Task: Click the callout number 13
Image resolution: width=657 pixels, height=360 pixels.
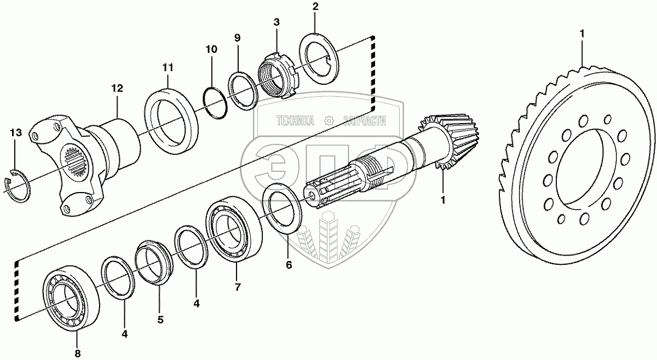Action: click(x=16, y=133)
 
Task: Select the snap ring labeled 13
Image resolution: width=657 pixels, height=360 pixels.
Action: click(x=17, y=185)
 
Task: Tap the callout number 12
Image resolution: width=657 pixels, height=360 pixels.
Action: click(x=117, y=88)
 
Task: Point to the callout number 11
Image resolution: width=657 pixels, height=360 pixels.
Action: click(x=168, y=67)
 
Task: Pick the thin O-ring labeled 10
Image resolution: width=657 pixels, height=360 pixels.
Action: click(x=215, y=103)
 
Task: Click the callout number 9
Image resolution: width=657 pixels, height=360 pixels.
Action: click(x=237, y=38)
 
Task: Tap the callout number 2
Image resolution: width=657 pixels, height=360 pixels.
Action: click(x=315, y=7)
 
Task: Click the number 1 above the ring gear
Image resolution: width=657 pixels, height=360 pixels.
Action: click(x=582, y=34)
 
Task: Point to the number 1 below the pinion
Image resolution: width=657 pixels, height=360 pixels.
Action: click(x=443, y=200)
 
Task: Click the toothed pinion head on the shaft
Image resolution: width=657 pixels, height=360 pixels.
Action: click(x=450, y=141)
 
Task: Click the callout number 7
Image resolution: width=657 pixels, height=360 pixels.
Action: click(x=237, y=287)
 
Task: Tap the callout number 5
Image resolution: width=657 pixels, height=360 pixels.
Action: click(x=160, y=320)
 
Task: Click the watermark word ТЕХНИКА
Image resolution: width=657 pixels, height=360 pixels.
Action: click(x=295, y=121)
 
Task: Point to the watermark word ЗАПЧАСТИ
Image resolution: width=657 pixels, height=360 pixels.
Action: click(x=365, y=121)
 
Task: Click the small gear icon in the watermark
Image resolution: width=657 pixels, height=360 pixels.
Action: click(x=329, y=121)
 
